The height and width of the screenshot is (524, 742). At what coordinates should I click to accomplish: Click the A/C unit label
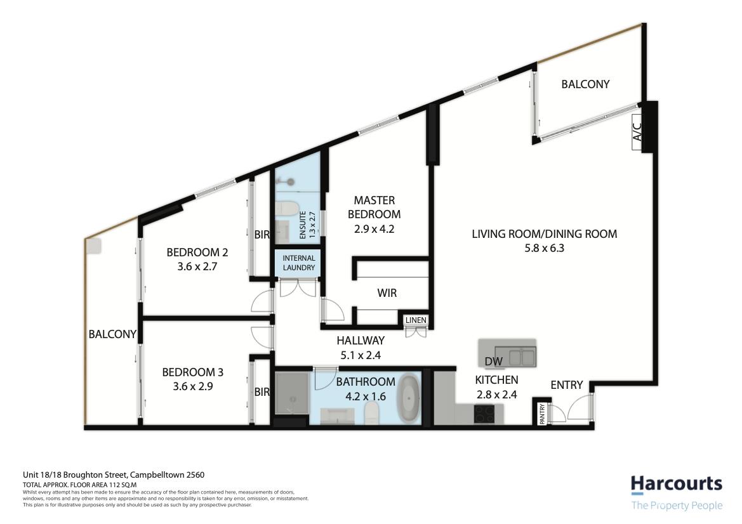637,132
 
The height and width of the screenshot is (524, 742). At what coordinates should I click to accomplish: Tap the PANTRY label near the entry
542,414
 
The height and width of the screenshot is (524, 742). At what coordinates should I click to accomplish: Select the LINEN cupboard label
416,320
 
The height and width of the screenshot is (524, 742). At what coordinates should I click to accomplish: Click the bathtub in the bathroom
408,398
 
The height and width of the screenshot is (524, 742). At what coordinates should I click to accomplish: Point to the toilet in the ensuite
287,209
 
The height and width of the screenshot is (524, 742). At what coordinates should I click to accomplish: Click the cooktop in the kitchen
484,414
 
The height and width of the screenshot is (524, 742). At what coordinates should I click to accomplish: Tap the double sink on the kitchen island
522,356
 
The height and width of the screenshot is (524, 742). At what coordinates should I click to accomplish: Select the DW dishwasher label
494,362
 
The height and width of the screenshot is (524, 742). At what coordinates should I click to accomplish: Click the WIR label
387,293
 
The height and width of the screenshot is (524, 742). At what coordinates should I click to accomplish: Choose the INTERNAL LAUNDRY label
299,263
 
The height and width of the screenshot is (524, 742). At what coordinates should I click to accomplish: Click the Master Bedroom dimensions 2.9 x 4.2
374,229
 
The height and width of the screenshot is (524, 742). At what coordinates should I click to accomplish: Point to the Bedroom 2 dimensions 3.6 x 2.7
197,266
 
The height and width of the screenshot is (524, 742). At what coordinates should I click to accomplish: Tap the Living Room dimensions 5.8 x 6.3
544,248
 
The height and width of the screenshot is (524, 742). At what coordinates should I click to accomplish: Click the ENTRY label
567,385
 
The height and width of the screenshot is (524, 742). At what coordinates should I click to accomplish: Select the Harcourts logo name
677,484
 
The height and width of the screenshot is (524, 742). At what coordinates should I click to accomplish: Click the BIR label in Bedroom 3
262,392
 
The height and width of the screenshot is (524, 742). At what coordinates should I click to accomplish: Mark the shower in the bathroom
291,393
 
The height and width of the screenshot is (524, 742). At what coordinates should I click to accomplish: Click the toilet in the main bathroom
373,413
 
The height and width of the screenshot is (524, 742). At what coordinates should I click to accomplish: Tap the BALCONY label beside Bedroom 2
112,334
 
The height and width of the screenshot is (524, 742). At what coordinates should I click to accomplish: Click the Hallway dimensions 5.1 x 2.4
361,355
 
